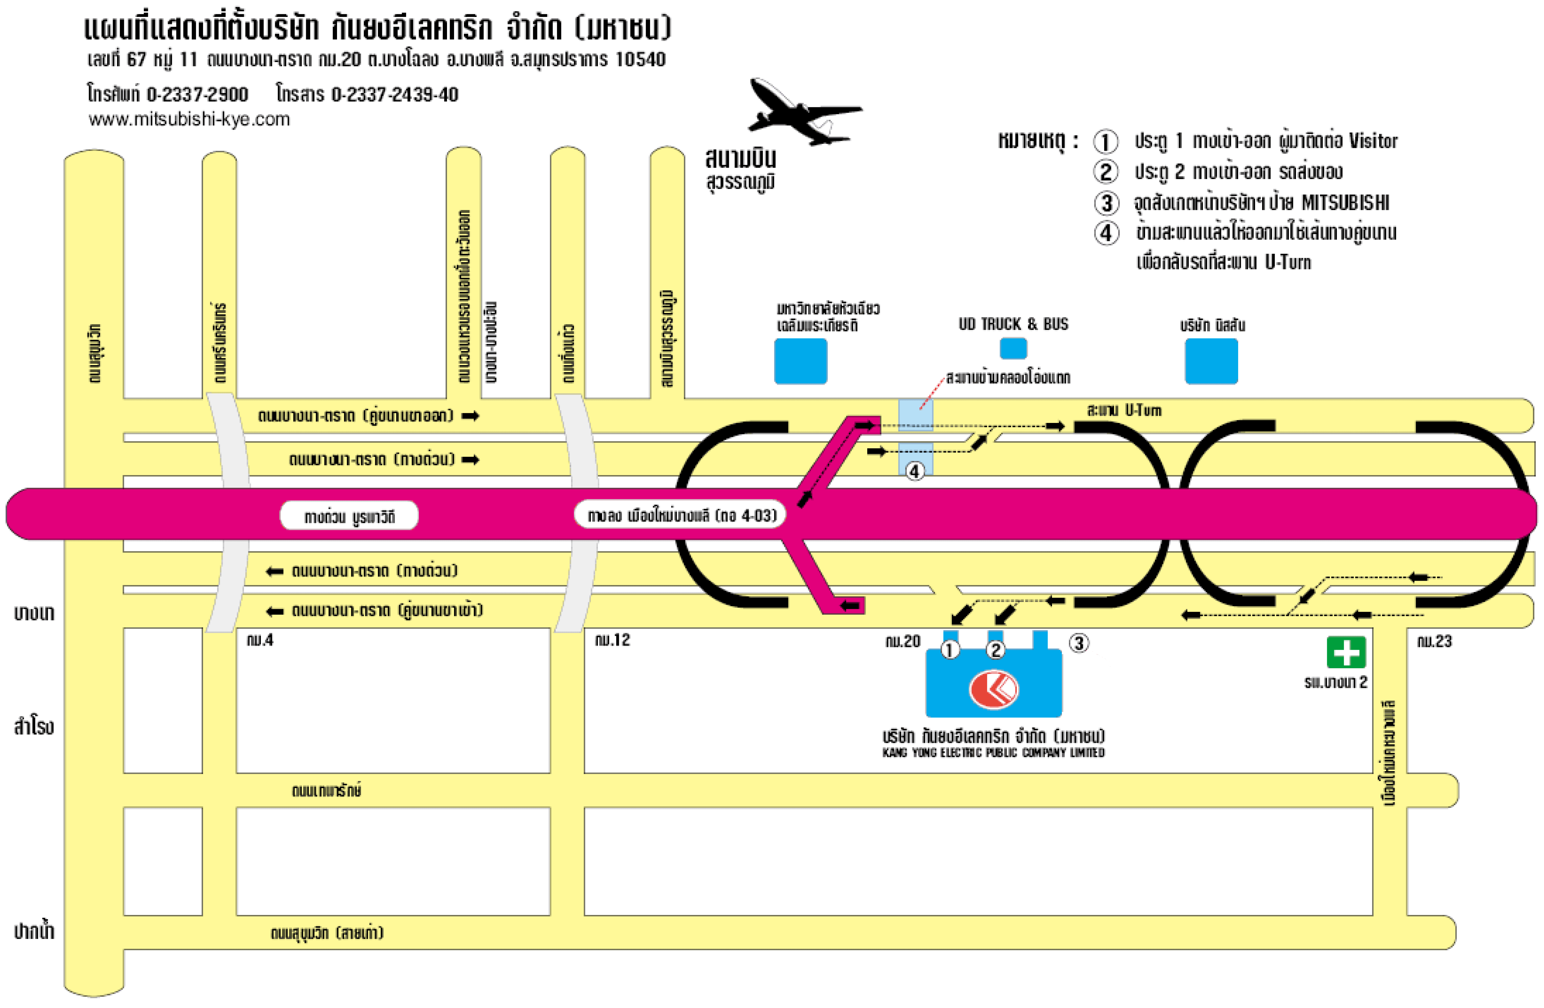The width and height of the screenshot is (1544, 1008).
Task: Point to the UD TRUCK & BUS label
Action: coord(1013,324)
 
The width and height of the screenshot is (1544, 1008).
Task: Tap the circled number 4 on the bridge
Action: coord(915,472)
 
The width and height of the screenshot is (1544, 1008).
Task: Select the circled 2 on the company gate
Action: coord(995,649)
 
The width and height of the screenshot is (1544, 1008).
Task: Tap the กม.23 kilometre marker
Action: coord(1434,642)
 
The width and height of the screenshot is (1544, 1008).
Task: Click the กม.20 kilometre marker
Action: coord(902,642)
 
